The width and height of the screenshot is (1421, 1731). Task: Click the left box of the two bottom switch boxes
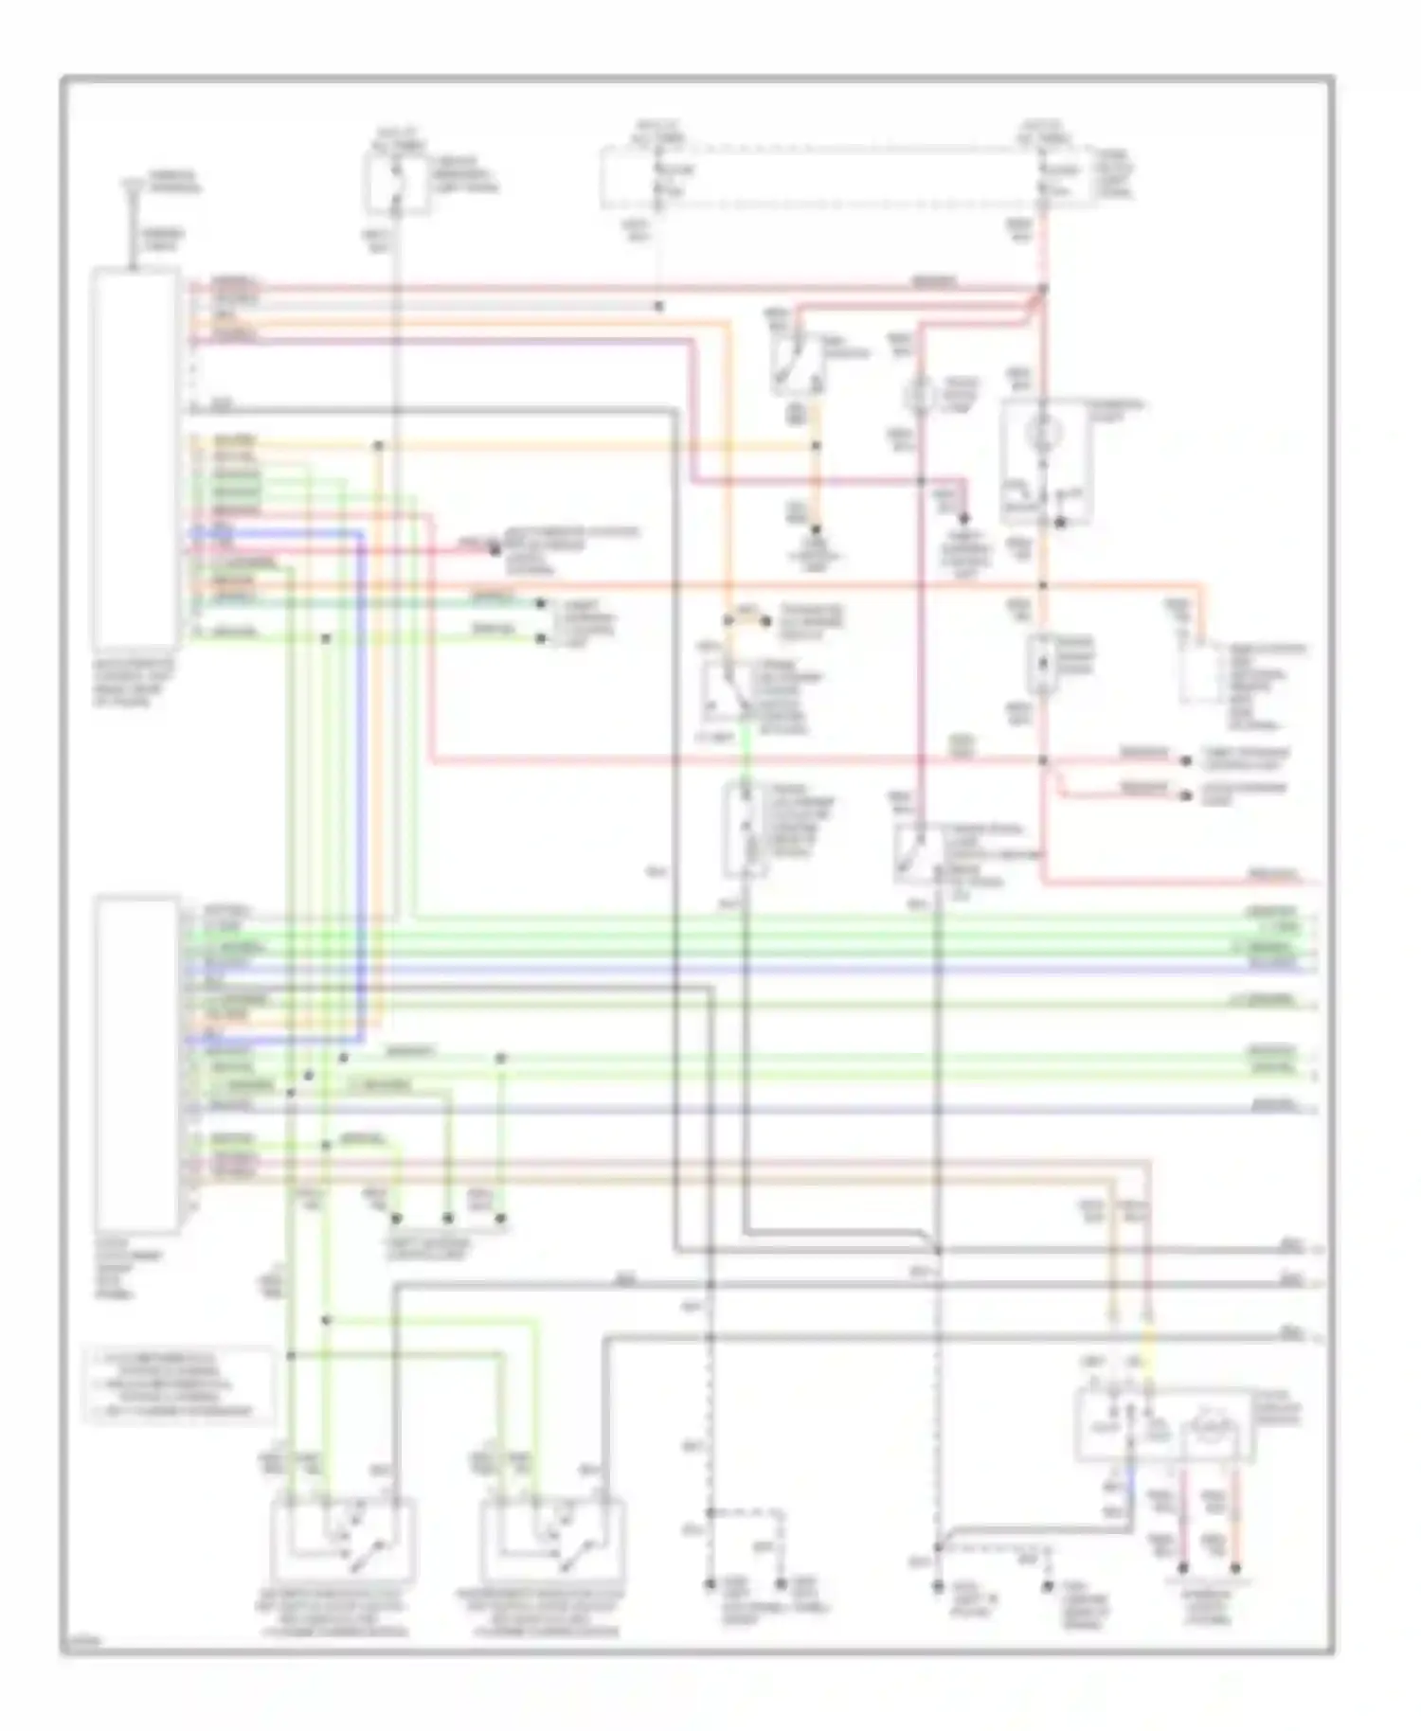click(x=343, y=1540)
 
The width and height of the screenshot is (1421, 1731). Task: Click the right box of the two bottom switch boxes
click(x=553, y=1540)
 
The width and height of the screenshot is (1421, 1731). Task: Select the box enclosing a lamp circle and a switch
click(x=1046, y=461)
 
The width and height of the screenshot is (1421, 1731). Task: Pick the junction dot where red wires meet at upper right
click(x=1042, y=289)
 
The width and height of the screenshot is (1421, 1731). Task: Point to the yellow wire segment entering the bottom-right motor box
click(x=1148, y=1364)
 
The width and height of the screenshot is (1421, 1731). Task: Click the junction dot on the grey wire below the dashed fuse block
click(x=659, y=307)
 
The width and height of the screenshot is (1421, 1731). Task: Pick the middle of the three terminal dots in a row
click(x=448, y=1219)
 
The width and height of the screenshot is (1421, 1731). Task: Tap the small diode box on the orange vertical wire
click(x=1042, y=663)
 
